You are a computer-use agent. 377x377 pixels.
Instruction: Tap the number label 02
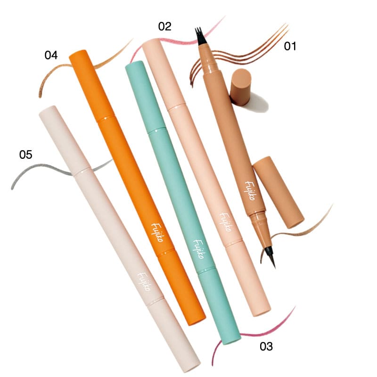pyautogui.click(x=164, y=26)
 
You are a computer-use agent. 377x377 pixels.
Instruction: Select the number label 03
pyautogui.click(x=266, y=347)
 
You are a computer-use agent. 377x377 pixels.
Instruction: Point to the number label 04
pyautogui.click(x=51, y=55)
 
